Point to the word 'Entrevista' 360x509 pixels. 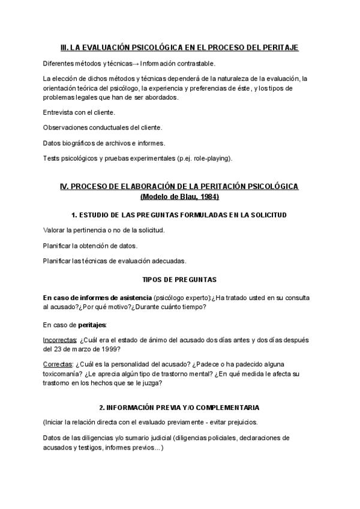pos(58,112)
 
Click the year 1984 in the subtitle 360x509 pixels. pos(209,197)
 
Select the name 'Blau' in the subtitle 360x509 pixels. pos(188,197)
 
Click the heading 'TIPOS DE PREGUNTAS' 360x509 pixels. pos(179,280)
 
